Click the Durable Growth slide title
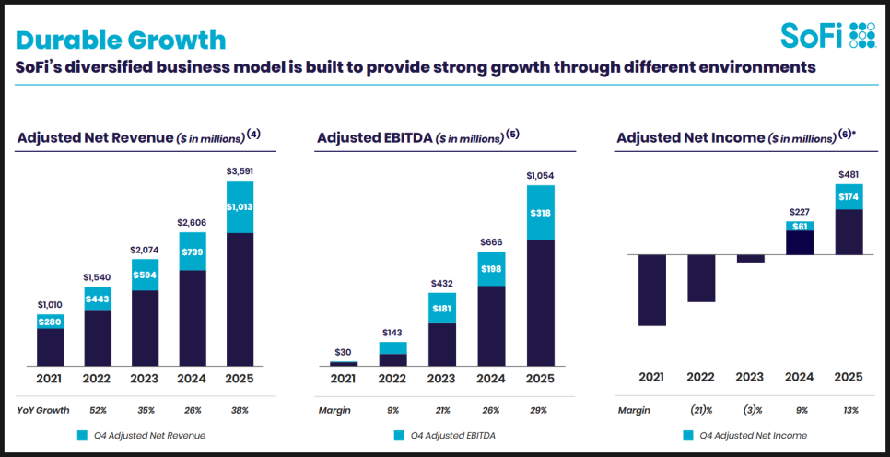121,40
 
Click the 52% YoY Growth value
99,409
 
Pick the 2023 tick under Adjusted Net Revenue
146,376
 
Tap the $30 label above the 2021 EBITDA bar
344,351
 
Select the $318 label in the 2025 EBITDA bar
541,212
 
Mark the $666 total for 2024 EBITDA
491,242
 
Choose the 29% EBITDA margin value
539,409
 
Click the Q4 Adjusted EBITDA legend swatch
399,435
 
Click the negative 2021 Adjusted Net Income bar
651,289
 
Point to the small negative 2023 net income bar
751,259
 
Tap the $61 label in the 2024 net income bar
800,226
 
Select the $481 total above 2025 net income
849,174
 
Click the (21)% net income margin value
701,409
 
